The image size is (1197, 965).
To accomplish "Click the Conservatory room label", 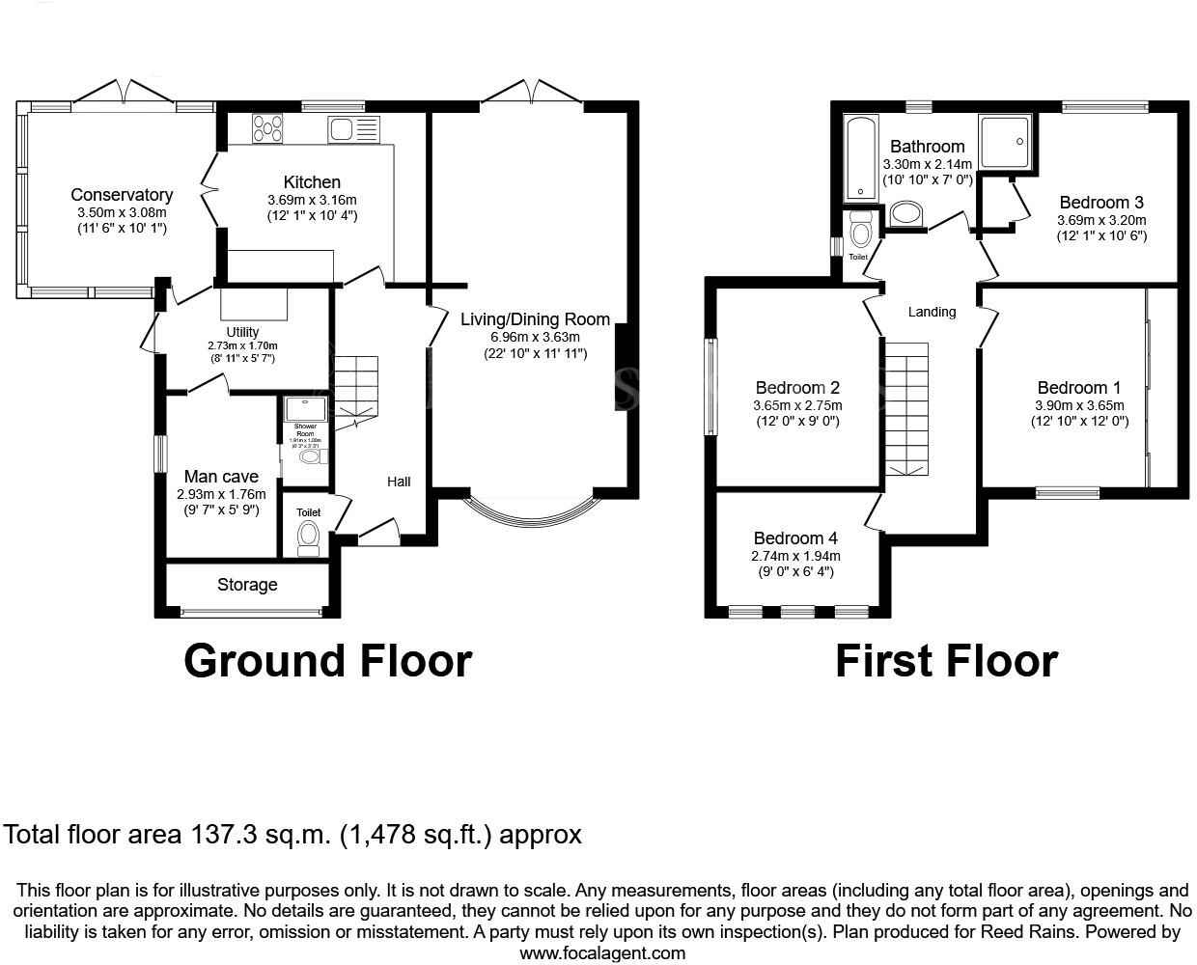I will point(122,195).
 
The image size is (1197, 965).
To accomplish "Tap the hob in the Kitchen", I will point(268,128).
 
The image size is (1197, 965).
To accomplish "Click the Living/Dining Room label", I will point(535,319).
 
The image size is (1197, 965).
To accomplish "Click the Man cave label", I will point(221,476).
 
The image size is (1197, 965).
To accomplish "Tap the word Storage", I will point(247,585).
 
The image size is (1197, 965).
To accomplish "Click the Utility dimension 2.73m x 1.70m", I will point(242,345).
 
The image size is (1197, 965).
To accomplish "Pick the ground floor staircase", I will point(355,386).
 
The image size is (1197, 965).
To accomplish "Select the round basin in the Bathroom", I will point(905,212).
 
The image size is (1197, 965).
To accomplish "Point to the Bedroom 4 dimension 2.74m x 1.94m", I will point(795,556).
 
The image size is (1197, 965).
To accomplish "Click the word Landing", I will point(932,312).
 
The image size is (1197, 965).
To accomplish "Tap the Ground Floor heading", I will point(327,661).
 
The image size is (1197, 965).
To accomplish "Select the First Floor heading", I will point(946,661).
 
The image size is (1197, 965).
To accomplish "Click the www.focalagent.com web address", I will point(602,953).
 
